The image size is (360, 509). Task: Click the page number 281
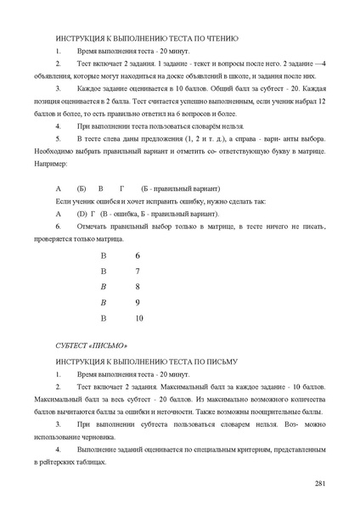click(x=320, y=483)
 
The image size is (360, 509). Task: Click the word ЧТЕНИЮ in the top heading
click(x=219, y=39)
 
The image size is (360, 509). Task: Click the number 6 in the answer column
click(x=138, y=255)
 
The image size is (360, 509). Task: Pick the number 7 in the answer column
click(x=138, y=271)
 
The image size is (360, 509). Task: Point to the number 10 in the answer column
click(x=139, y=318)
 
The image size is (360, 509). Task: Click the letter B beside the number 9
click(x=104, y=302)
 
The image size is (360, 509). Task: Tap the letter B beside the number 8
click(x=104, y=287)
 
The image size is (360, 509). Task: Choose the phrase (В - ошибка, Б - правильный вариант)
click(x=158, y=215)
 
